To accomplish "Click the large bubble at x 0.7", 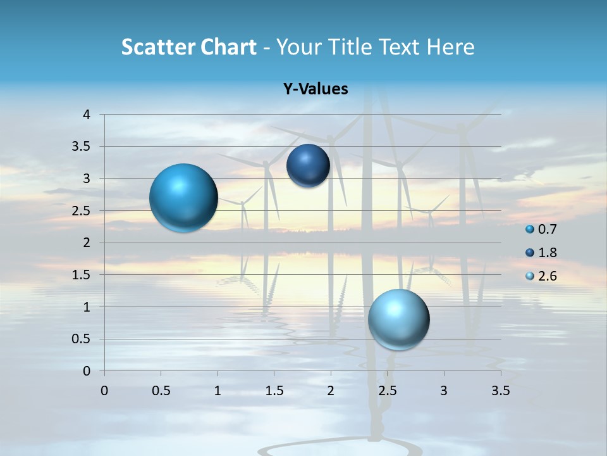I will coord(184,198).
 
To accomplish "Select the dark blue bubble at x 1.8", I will coord(308,165).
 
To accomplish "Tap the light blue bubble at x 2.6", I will coord(399,319).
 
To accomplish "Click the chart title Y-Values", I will coord(316,89).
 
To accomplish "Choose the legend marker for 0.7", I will coord(530,229).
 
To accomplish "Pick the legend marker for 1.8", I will coord(530,253).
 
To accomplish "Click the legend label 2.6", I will coord(548,276).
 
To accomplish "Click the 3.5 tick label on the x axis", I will coord(500,391).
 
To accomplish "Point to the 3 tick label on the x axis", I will coord(444,391).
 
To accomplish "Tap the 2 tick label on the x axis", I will coord(331,391).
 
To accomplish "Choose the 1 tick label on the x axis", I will coord(218,391).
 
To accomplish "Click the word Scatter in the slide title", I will coord(156,47).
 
